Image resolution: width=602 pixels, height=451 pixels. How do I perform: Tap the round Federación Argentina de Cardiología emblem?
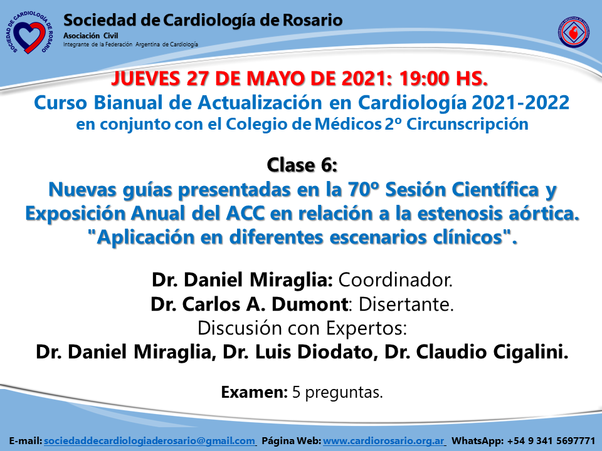tap(574, 32)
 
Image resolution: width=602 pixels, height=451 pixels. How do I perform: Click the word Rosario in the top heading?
tap(312, 20)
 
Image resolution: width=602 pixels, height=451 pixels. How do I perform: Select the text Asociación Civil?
tap(90, 36)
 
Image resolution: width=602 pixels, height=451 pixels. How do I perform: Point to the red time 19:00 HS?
tap(443, 79)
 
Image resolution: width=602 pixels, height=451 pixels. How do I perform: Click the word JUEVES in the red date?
tap(146, 79)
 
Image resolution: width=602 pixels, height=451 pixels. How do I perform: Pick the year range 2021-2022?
tap(520, 102)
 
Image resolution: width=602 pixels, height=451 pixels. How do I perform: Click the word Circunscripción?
tap(467, 125)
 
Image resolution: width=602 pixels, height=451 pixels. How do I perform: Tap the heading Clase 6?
tap(302, 165)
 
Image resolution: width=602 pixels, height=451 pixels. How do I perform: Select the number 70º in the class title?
tap(364, 189)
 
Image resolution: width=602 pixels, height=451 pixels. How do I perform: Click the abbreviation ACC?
tap(246, 214)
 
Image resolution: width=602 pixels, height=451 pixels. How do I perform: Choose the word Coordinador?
tap(396, 280)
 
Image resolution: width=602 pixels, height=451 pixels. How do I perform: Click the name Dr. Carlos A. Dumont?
tap(249, 304)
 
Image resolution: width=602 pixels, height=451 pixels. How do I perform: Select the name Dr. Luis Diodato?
tap(298, 352)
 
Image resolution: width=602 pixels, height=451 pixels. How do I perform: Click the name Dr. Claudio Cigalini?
tap(477, 352)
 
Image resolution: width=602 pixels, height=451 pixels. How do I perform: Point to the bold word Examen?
tap(254, 392)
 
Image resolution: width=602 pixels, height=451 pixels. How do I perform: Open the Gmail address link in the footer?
tap(149, 441)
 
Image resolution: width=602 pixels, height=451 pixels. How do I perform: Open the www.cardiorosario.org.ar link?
tap(384, 441)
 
